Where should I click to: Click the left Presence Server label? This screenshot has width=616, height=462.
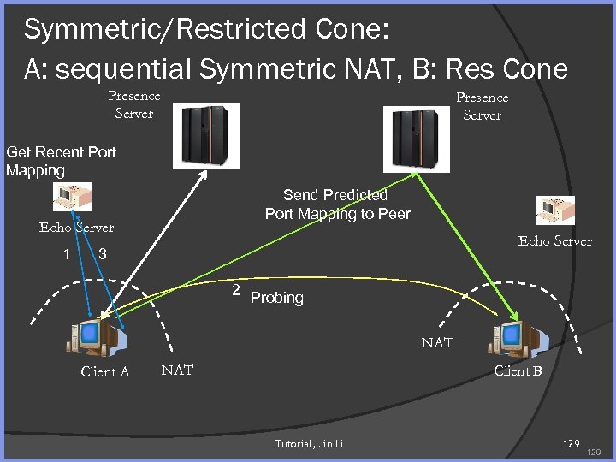133,104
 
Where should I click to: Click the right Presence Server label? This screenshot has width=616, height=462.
482,106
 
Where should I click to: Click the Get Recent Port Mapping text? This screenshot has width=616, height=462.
61,161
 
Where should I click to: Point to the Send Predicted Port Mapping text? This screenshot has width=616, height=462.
337,204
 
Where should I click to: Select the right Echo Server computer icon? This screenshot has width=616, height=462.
555,210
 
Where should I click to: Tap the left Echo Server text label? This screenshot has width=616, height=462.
76,228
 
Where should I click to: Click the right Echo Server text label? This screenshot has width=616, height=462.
554,241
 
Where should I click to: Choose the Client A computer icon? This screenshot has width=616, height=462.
96,336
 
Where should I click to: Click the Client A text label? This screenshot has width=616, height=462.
105,371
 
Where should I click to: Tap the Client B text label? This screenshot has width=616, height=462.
518,370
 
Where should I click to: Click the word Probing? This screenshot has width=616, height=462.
277,298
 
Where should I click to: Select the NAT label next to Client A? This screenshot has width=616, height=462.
177,370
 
